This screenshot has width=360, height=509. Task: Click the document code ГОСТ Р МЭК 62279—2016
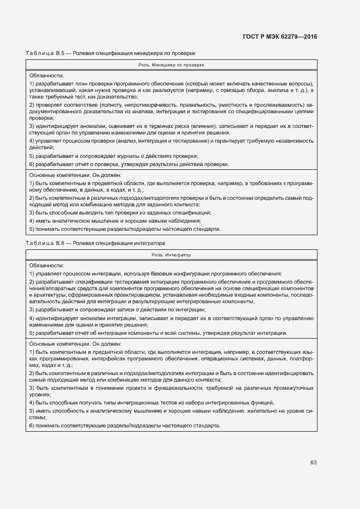[x=279, y=37]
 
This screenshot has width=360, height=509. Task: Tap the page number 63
[x=314, y=462]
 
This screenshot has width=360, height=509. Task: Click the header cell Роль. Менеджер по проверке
[x=171, y=64]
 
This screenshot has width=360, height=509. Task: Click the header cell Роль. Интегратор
[x=171, y=254]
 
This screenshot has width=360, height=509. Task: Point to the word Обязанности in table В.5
[x=46, y=75]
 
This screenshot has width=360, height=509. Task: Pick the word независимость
[x=294, y=141]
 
